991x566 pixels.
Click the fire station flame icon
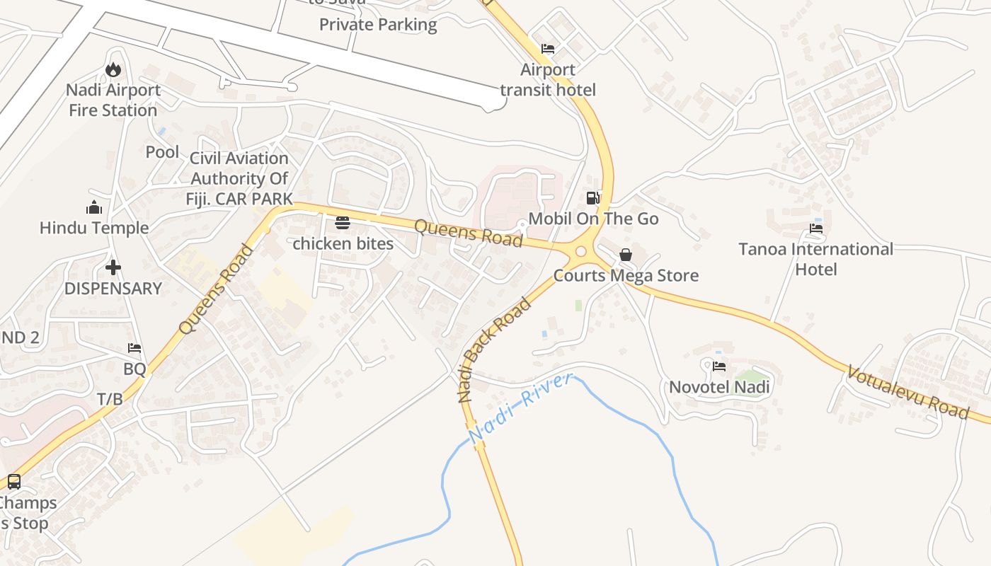(113, 69)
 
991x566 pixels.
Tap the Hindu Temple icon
(94, 207)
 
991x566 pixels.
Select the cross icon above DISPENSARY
(113, 267)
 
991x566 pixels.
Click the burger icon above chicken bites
(343, 223)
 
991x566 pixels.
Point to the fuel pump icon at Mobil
(593, 198)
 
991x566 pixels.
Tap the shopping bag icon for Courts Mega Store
(626, 255)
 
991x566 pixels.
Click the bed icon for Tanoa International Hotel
(816, 229)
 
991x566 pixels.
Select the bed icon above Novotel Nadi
(719, 366)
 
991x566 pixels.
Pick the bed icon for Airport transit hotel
(548, 49)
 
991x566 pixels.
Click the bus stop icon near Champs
(13, 482)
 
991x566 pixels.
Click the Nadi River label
(520, 409)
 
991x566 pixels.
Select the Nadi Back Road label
(494, 350)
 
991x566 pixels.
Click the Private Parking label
(378, 25)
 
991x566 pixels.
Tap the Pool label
(162, 151)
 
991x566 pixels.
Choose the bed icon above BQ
(134, 348)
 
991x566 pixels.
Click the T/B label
(110, 399)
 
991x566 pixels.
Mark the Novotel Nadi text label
(719, 387)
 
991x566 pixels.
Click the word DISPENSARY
(113, 289)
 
